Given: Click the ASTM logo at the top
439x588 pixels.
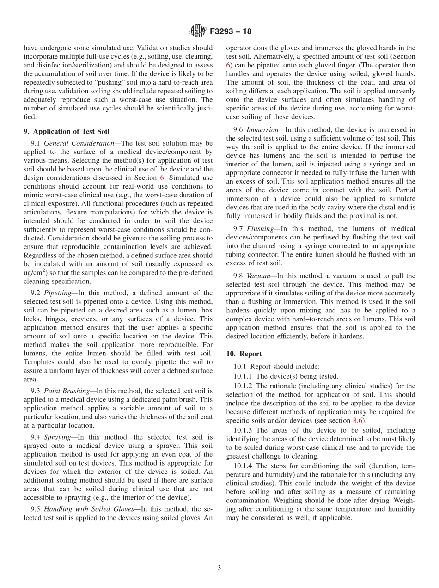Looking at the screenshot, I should pyautogui.click(x=197, y=31).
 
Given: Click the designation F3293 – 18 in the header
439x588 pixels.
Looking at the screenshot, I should pyautogui.click(x=230, y=32).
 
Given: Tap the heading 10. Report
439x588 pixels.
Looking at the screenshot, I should pyautogui.click(x=244, y=354).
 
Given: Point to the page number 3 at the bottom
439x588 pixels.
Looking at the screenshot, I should pyautogui.click(x=219, y=568).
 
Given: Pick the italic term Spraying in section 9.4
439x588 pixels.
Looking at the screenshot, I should pyautogui.click(x=57, y=436).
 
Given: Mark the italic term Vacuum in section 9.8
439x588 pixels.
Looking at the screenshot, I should pyautogui.click(x=258, y=276).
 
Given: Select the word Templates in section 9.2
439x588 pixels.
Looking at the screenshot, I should pyautogui.click(x=39, y=362).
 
